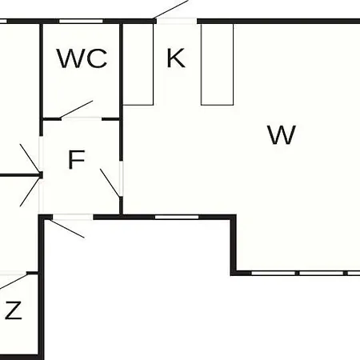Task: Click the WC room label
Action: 82,58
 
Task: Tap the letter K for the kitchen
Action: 176,58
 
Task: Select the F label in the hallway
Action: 77,159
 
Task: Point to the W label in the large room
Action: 282,134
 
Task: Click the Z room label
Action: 14,310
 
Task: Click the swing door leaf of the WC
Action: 76,110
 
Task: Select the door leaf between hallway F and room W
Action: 110,183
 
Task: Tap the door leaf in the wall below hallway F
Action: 67,228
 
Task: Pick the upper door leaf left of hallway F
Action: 30,158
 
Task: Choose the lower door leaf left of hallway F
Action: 30,191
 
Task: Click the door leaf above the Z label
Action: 14,281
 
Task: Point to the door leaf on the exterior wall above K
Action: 171,10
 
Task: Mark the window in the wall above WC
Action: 81,22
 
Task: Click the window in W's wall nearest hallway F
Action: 177,217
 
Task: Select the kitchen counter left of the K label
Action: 138,64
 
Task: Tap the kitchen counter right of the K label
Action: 217,64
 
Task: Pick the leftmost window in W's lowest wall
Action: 274,273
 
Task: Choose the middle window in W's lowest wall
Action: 321,273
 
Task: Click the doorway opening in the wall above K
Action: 177,22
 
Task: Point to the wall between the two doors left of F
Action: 20,175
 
